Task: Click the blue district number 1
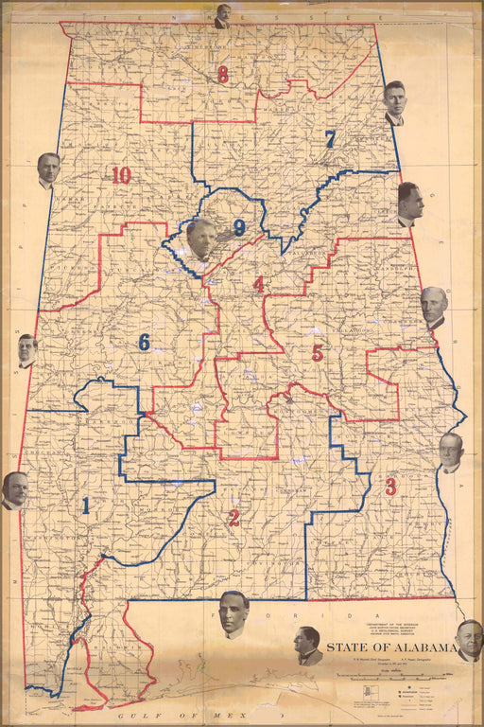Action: click(86, 505)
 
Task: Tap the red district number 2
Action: click(233, 518)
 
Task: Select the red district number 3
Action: click(390, 488)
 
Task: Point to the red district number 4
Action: click(258, 284)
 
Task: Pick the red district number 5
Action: click(318, 353)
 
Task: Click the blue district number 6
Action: click(144, 342)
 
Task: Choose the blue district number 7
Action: click(330, 139)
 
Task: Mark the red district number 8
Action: click(223, 75)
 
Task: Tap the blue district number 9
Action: click(239, 227)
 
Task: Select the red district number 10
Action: click(120, 175)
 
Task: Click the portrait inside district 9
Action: click(200, 239)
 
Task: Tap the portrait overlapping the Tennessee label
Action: click(223, 16)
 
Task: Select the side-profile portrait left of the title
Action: click(306, 645)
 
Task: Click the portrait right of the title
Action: click(469, 639)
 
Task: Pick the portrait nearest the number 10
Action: click(48, 170)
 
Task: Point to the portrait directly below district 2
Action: click(233, 614)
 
